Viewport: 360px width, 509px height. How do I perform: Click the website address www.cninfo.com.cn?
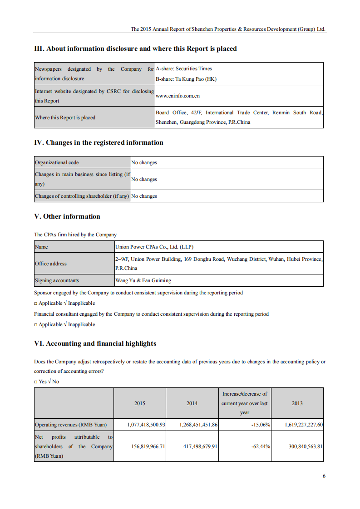pos(178,96)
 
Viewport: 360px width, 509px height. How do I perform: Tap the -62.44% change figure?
pos(261,446)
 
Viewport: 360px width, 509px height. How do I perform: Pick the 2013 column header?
pos(297,403)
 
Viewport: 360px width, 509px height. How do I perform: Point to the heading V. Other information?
pos(67,216)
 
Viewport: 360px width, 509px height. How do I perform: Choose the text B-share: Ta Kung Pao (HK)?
pos(186,79)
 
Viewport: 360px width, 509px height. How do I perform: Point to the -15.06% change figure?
pos(261,425)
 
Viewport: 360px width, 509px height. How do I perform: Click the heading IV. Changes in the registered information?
pos(99,142)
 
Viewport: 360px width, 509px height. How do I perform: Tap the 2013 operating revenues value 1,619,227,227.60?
pos(304,425)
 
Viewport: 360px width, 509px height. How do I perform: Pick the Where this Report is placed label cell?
pos(65,117)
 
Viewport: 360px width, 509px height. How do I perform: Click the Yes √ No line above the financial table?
pos(47,382)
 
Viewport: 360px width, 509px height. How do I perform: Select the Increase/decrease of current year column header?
pos(245,403)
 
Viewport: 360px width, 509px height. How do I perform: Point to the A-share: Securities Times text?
pos(184,69)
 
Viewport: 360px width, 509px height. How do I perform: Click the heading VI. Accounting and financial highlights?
pos(95,343)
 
